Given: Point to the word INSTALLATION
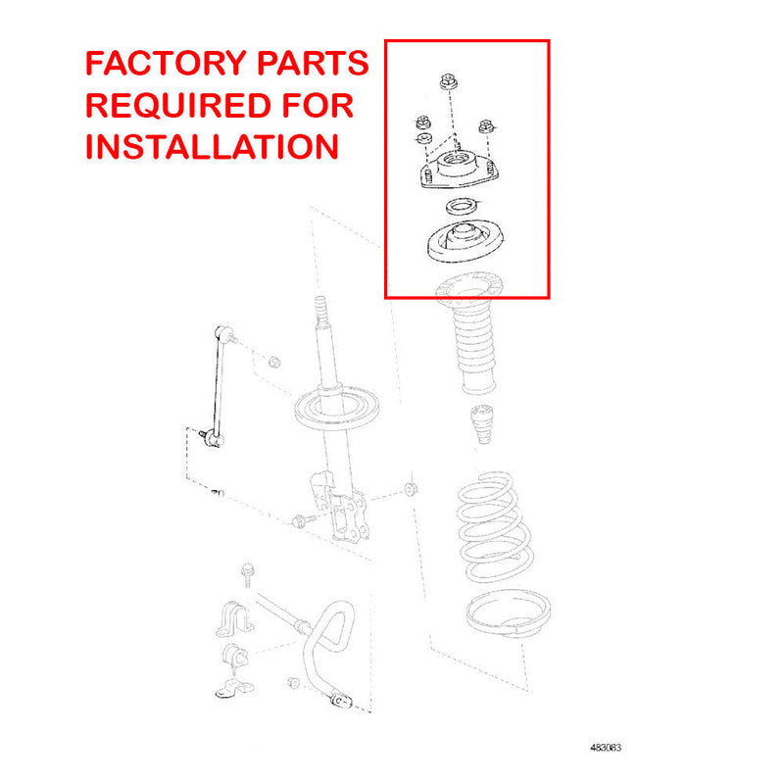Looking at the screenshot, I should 213,146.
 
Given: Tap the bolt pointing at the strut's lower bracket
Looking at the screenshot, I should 300,519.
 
